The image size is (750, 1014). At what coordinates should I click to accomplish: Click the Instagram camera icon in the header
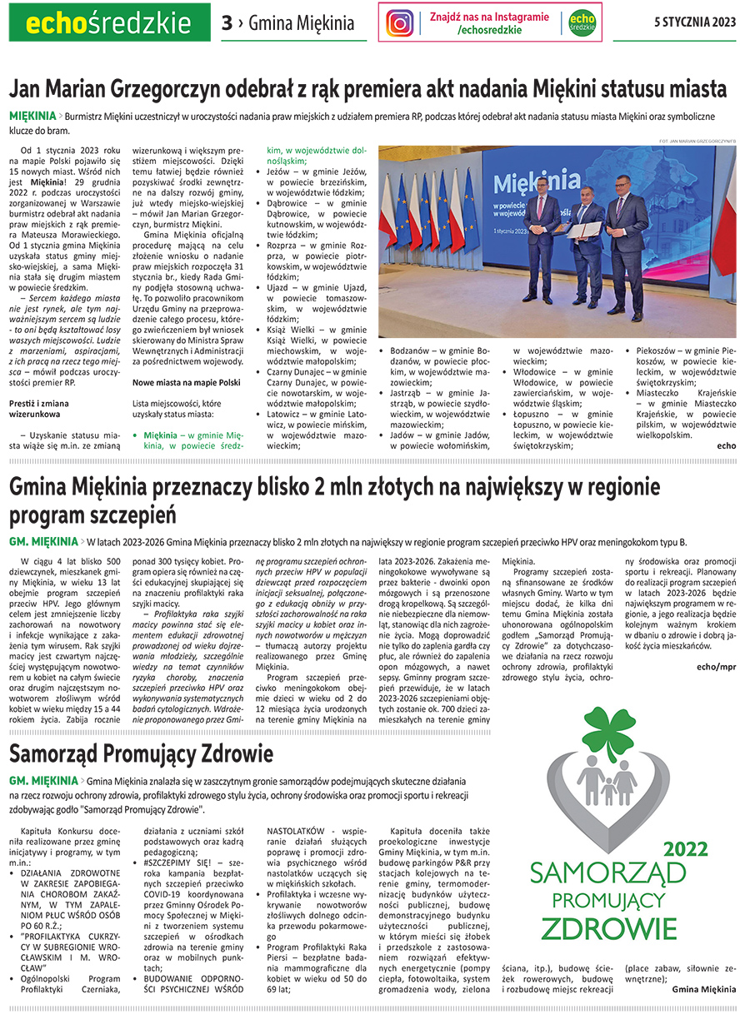(x=400, y=22)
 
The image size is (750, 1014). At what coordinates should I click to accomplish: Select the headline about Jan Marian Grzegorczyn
(x=367, y=88)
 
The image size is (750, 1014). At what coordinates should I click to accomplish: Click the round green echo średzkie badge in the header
(x=581, y=22)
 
